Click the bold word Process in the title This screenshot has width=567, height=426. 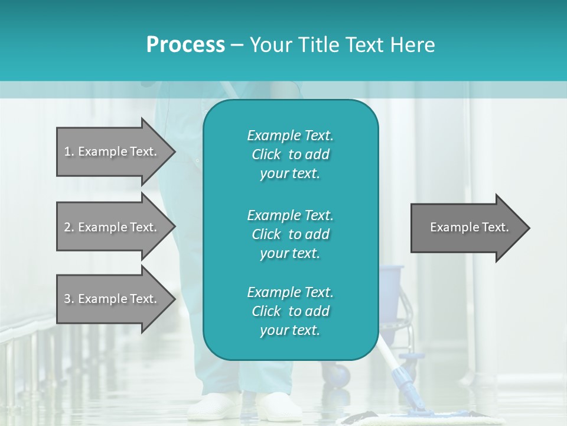click(185, 45)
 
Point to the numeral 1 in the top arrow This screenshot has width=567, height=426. click(67, 151)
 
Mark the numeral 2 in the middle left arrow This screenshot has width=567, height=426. click(67, 227)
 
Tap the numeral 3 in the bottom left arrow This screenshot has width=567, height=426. click(67, 299)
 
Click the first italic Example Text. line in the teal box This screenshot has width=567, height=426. click(290, 135)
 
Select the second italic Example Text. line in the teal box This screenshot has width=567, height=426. click(290, 215)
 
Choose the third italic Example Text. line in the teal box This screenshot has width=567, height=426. click(290, 292)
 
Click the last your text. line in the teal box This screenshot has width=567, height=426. click(290, 331)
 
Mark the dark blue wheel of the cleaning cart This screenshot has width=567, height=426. click(339, 375)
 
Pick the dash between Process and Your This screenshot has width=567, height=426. click(237, 45)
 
